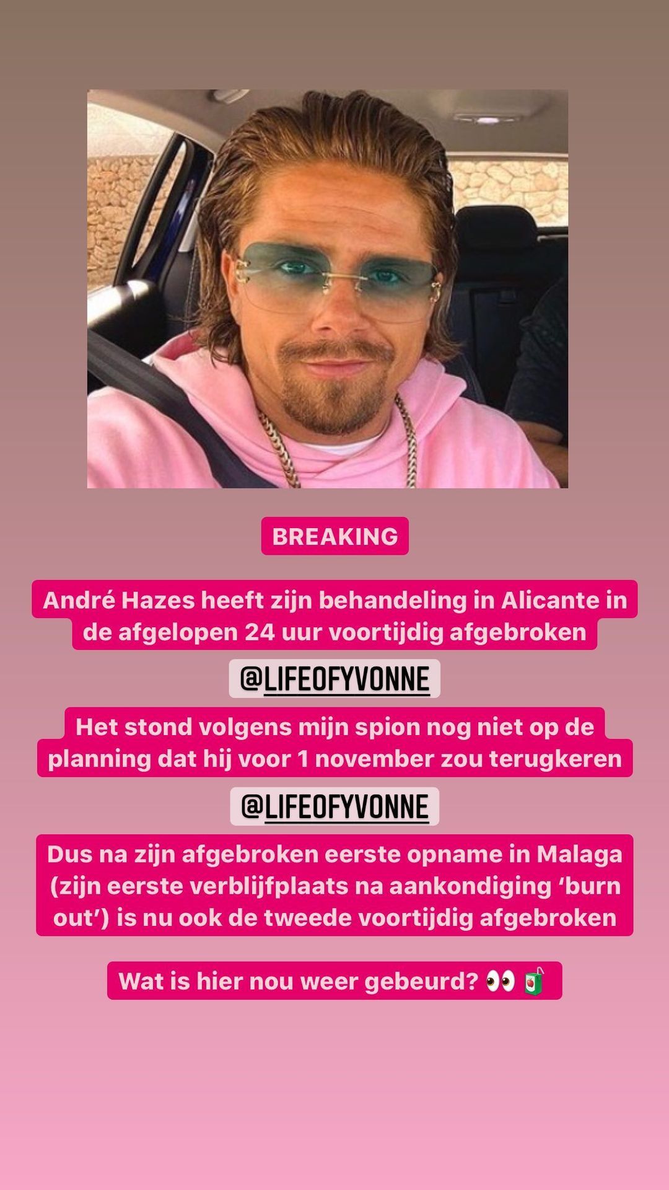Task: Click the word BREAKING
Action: click(334, 536)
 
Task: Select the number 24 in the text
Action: click(258, 632)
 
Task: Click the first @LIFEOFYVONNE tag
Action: click(334, 679)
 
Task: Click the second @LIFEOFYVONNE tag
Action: click(334, 807)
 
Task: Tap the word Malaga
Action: click(579, 854)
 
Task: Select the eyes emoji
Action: click(501, 981)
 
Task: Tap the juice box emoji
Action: click(534, 981)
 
